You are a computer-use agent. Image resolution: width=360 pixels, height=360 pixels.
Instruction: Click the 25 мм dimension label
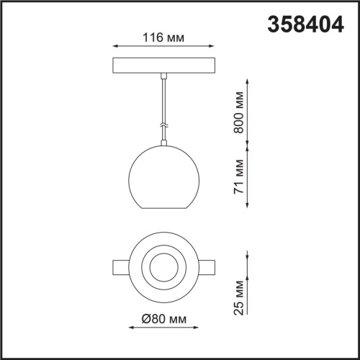click(x=239, y=302)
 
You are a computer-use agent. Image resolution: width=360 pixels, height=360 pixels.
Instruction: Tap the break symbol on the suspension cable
click(x=163, y=125)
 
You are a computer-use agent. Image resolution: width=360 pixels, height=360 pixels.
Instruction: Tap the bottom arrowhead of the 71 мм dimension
click(x=248, y=205)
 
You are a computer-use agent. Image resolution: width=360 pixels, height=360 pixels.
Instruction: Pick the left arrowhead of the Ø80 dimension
click(x=130, y=328)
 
